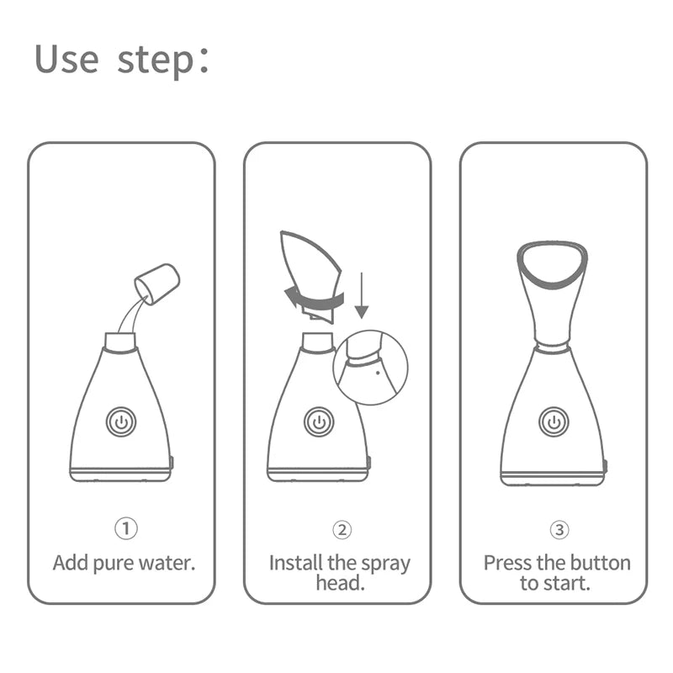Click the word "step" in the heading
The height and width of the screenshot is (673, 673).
tap(156, 61)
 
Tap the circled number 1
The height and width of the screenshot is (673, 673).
tap(125, 529)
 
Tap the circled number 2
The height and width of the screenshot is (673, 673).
tap(341, 529)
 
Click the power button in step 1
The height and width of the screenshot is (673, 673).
tap(121, 421)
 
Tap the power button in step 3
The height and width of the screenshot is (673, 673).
tap(553, 421)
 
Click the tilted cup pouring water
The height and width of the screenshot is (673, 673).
tap(158, 284)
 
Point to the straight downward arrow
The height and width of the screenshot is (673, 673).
tap(362, 295)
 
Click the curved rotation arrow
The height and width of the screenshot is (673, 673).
tap(314, 299)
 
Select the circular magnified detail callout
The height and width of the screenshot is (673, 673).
tap(371, 368)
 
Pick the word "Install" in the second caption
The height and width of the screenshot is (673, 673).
tap(294, 563)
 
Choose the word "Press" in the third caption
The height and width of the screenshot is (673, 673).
tap(506, 563)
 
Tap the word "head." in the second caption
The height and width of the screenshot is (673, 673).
tap(340, 583)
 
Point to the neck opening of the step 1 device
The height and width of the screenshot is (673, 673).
tap(120, 341)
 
